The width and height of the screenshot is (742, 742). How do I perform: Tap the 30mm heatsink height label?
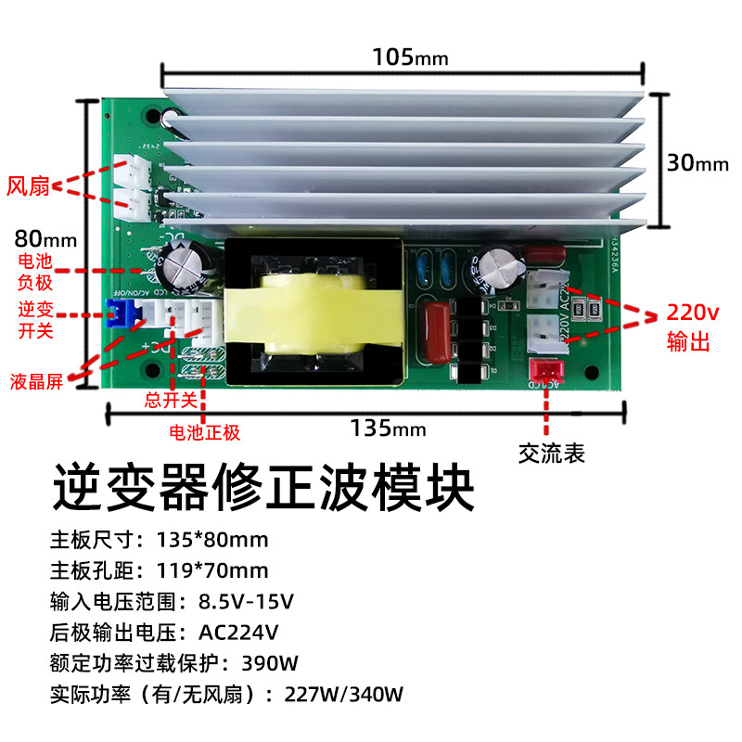[697, 163]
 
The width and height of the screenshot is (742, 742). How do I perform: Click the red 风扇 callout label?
[28, 186]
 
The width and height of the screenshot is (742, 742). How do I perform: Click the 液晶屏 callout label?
[37, 381]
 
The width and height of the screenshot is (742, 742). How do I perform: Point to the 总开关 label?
[172, 401]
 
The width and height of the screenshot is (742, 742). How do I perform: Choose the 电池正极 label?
[204, 432]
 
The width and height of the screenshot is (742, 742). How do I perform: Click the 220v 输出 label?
[689, 327]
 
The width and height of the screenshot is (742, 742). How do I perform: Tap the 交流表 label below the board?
[552, 454]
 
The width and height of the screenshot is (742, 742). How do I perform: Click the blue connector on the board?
[118, 314]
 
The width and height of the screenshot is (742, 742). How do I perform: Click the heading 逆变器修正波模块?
[264, 488]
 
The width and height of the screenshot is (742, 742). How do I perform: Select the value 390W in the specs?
[269, 664]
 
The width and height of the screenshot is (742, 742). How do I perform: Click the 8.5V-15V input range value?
[246, 602]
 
